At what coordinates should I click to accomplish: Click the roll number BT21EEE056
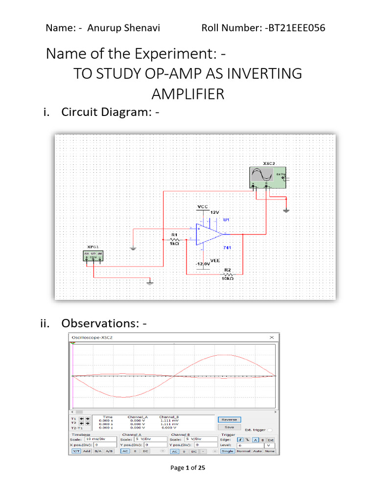tap(296, 27)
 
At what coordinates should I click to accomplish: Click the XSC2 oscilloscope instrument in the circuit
tap(267, 177)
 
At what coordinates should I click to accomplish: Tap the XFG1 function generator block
tap(94, 256)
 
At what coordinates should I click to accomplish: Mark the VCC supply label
tap(203, 207)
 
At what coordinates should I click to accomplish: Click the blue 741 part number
tap(227, 249)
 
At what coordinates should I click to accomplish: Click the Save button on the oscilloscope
tap(229, 427)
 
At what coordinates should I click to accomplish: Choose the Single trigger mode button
tap(227, 451)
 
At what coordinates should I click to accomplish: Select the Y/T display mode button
tap(76, 451)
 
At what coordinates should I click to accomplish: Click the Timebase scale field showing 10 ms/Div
tap(100, 439)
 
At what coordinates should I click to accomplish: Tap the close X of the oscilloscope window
tap(272, 338)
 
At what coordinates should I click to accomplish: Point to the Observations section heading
tap(103, 323)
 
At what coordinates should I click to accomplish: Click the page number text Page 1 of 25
tap(188, 468)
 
